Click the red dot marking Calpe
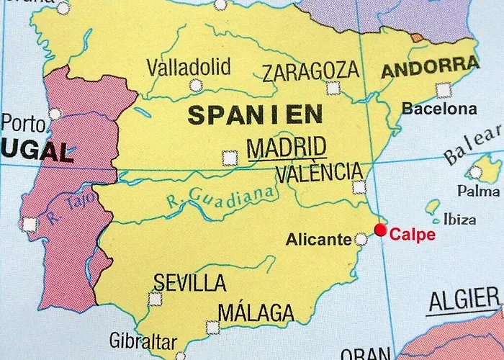tap(381, 230)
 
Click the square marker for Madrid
tap(230, 156)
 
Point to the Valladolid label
tap(189, 68)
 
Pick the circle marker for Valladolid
tap(197, 86)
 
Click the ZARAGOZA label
tap(310, 71)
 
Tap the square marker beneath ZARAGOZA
tap(333, 88)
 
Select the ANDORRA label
tap(429, 68)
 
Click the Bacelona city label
tap(439, 109)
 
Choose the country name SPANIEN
tap(255, 114)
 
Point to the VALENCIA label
tap(319, 173)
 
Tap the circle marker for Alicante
tap(361, 239)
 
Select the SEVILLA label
tap(190, 282)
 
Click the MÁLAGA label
tap(256, 313)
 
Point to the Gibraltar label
tap(143, 340)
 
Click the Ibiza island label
tap(462, 218)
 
